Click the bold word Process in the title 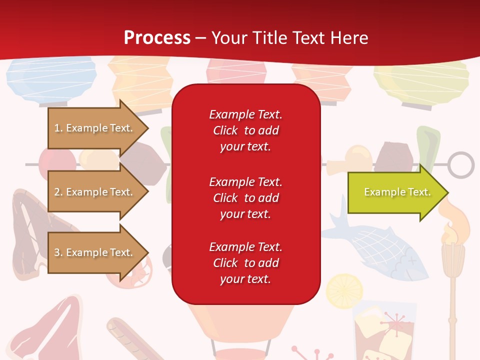(157, 38)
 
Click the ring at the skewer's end (460, 165)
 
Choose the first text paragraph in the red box (245, 130)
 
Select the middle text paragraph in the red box (245, 198)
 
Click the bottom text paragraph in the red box (245, 263)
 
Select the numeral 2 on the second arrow (57, 192)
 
